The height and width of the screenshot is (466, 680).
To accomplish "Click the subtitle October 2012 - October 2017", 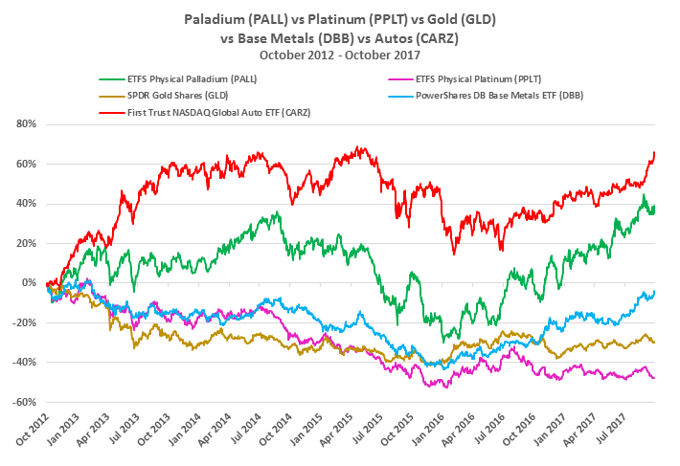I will [x=341, y=55].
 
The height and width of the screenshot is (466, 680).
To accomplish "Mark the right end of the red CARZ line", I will [x=654, y=153].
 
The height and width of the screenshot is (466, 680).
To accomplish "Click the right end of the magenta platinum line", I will [x=654, y=378].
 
